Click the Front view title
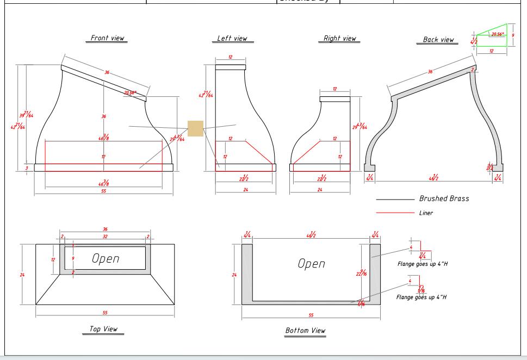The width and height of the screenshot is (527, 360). coord(107,38)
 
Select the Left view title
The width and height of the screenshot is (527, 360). coord(232,39)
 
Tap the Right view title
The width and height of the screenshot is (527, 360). coord(339,39)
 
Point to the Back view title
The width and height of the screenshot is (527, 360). coord(438,40)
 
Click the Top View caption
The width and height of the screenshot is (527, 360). coord(103,329)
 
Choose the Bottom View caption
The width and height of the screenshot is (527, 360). coord(305,330)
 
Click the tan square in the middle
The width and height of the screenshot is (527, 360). coord(195,129)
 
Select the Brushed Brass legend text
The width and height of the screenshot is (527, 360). coord(444,199)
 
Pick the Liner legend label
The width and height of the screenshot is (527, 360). coord(426,213)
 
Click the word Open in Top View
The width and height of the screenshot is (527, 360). coord(106,259)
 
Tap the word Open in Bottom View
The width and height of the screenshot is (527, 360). coord(311,264)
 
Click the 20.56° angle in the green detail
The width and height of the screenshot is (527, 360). coord(497,34)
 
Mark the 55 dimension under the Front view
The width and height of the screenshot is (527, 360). coord(103,191)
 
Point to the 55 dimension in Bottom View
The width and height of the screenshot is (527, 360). coord(311,315)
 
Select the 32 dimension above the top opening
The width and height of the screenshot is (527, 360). coord(105,237)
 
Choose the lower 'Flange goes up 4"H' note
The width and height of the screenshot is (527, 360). coord(421,297)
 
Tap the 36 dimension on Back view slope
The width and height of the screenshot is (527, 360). coord(430,72)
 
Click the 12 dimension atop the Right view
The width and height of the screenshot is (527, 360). coord(334,89)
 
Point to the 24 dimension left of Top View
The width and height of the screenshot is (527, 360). coord(22,275)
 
